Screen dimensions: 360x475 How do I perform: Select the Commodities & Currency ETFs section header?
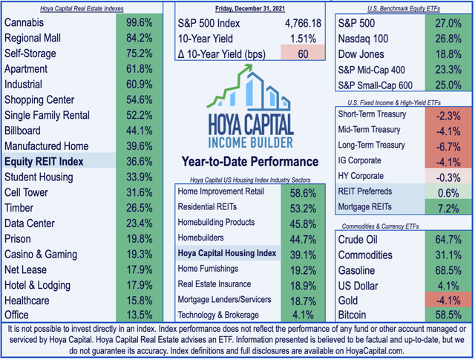[398, 226]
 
